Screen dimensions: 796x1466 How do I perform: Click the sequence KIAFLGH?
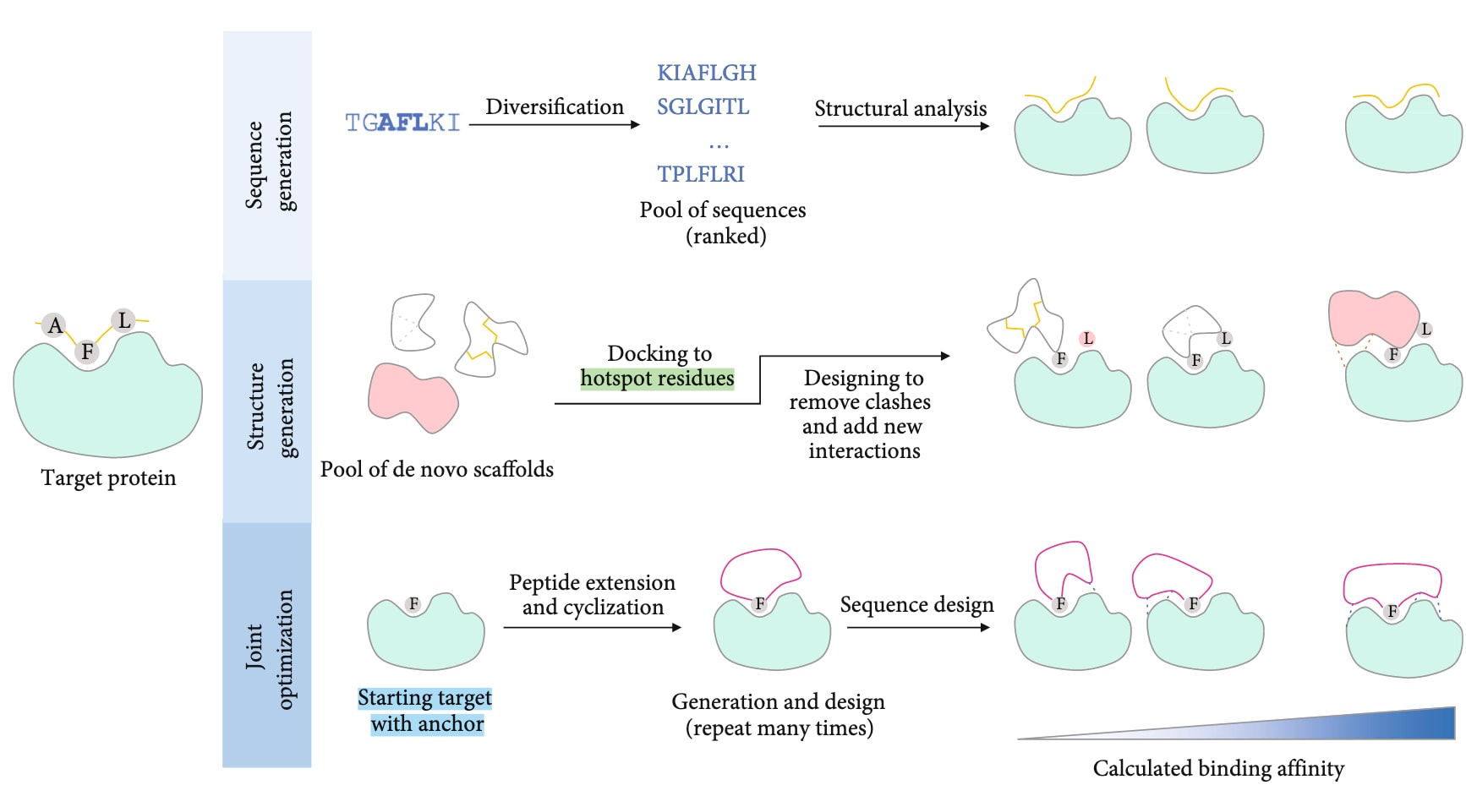point(706,73)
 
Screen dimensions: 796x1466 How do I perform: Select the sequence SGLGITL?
point(703,106)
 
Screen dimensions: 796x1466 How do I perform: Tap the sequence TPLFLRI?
point(701,174)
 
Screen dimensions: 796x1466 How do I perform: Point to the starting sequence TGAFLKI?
point(402,123)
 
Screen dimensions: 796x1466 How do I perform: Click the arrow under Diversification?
point(554,125)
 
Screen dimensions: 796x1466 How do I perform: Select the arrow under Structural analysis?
point(903,127)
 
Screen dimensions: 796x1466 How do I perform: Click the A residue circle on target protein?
point(56,325)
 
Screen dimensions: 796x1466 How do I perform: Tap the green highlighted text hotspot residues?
point(657,379)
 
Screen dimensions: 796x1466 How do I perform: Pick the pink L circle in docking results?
point(1087,339)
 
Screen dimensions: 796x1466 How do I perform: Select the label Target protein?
point(108,478)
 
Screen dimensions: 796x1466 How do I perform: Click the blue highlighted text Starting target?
point(424,699)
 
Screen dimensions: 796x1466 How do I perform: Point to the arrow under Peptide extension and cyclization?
point(592,628)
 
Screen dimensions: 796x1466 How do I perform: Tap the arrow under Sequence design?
point(917,628)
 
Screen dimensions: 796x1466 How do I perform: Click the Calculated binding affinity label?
point(1218,768)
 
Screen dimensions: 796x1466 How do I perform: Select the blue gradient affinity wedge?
point(1353,728)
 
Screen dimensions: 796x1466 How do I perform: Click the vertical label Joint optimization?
point(269,647)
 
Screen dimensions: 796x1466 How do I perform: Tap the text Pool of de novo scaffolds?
point(436,470)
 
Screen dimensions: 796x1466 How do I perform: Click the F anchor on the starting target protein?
point(413,604)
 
